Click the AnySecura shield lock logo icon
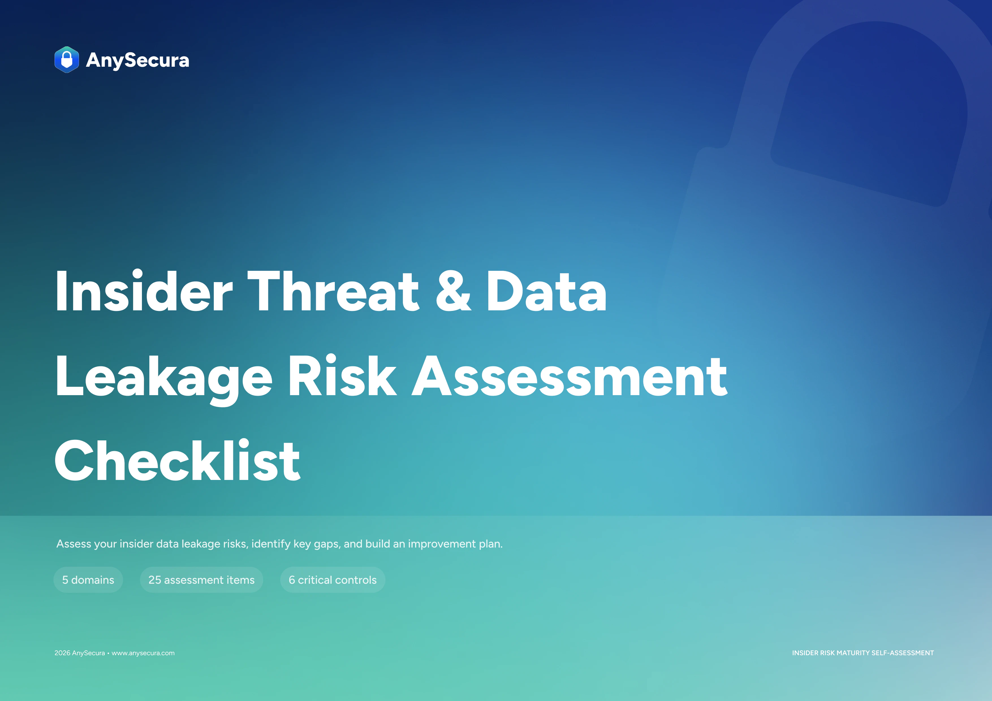[66, 60]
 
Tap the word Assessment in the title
[570, 376]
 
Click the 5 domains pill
[88, 580]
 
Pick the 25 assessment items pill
[201, 580]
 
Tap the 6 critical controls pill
[333, 580]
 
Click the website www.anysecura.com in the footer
[143, 653]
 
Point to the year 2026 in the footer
[62, 653]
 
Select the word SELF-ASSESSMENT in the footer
[903, 653]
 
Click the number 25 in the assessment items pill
[155, 580]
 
